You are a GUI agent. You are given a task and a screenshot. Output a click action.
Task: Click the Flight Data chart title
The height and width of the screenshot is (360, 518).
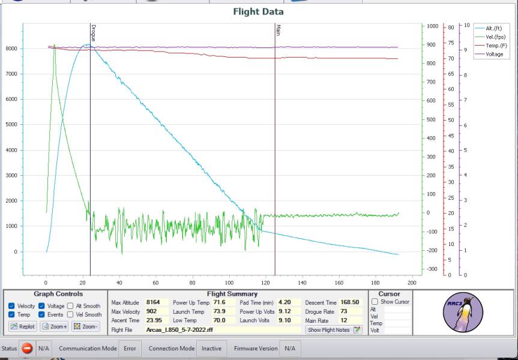point(258,11)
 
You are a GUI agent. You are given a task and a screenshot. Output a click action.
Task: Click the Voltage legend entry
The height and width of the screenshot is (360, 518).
point(495,54)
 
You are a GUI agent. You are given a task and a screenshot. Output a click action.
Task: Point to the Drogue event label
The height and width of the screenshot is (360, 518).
point(94,33)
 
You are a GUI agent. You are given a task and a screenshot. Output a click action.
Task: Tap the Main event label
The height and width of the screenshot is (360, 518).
point(278,30)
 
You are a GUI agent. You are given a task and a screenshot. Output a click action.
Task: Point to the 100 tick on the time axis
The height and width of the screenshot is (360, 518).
point(229,283)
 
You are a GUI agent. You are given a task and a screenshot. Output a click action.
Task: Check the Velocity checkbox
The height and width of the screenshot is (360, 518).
point(12,306)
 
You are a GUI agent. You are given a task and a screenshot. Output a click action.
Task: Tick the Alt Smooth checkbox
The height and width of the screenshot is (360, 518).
point(70,306)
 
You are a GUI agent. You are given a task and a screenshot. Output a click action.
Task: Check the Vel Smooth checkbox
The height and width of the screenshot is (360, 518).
point(70,314)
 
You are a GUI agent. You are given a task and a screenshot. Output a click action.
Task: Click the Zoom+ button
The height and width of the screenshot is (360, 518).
point(54,326)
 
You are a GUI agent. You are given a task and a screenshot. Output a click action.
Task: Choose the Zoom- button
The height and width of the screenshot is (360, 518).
point(85,326)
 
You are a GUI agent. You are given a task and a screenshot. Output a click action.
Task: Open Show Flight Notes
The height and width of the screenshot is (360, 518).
point(334,330)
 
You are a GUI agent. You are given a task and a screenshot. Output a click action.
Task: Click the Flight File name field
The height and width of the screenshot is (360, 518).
point(222,330)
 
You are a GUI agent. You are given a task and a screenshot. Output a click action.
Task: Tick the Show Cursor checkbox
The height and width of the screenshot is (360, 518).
point(375,302)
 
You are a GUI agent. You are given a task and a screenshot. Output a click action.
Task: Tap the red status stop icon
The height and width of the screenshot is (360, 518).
point(27,348)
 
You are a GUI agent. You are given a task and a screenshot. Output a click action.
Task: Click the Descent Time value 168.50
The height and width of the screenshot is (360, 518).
point(349,302)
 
